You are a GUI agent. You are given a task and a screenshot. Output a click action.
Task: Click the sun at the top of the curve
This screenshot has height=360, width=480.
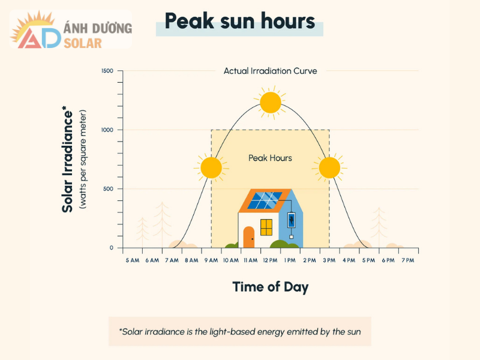pos(271,103)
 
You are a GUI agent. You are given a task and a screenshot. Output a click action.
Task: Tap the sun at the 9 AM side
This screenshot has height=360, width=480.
pos(211,167)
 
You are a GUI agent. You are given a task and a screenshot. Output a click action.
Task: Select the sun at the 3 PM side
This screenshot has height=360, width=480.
pos(329,167)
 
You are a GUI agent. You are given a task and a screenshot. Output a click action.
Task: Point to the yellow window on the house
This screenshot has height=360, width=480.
pos(266,227)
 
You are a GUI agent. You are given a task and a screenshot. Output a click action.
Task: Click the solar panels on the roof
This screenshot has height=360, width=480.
pos(265,200)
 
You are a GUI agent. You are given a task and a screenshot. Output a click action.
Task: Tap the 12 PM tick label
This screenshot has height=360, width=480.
pos(270,260)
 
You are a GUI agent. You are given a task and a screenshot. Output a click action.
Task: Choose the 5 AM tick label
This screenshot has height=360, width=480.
pos(133,260)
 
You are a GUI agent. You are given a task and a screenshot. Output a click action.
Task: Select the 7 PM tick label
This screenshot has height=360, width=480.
pos(408,260)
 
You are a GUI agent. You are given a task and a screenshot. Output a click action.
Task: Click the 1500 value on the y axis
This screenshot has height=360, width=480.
pos(107,71)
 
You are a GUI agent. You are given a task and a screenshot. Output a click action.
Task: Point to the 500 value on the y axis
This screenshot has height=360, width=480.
pos(108,189)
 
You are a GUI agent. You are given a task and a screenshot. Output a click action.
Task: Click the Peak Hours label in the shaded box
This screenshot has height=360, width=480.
pos(270,158)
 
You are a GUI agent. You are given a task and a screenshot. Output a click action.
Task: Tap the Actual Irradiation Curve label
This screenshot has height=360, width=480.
pos(270,71)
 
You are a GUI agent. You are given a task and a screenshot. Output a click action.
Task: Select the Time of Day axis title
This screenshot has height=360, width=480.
pos(270,287)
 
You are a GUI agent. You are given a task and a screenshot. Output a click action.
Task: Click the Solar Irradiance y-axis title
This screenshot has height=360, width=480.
pos(68,160)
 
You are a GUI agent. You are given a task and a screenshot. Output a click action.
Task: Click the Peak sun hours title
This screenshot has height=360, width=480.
pos(239,22)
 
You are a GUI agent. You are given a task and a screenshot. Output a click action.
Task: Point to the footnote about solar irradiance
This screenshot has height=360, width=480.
pos(240,331)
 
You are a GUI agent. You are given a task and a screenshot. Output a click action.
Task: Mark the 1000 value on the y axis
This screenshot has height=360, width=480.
pos(107,130)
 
